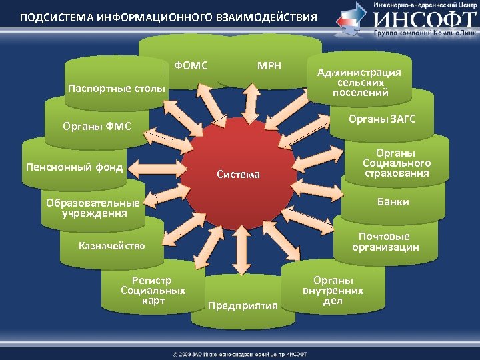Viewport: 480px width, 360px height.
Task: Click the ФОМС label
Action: pos(191,66)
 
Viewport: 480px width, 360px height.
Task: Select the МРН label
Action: pos(269,66)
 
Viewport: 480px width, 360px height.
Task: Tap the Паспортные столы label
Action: pos(117,89)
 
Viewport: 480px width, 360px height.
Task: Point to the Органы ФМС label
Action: pos(97,125)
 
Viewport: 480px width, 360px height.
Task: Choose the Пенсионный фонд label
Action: pos(74,167)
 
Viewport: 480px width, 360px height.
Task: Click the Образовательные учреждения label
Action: pos(93,208)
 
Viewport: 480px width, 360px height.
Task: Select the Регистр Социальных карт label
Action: pos(153,291)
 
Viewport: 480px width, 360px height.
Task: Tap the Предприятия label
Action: pos(243,306)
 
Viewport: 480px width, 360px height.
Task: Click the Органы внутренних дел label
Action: pos(333,291)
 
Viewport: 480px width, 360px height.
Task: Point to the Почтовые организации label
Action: pos(385,242)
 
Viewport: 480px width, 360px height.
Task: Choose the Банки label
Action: pos(393,201)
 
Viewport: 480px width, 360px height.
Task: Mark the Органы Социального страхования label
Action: pos(397,163)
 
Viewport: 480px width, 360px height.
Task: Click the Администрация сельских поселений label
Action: pos(359,82)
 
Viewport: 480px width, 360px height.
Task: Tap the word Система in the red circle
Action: pos(239,175)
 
